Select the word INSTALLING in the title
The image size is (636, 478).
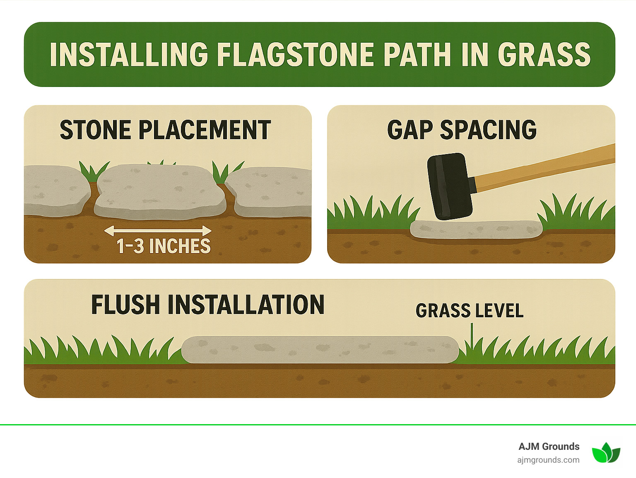pyautogui.click(x=129, y=55)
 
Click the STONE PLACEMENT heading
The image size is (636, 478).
pyautogui.click(x=165, y=130)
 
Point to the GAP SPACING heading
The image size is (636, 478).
pyautogui.click(x=462, y=130)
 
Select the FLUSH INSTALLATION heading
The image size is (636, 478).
pyautogui.click(x=207, y=305)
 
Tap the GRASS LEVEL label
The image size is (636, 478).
pyautogui.click(x=470, y=311)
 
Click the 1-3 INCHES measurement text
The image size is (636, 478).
pyautogui.click(x=164, y=246)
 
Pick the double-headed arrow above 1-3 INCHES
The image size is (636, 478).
pyautogui.click(x=158, y=231)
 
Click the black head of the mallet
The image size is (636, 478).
pyautogui.click(x=449, y=186)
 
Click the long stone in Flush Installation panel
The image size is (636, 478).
pyautogui.click(x=320, y=350)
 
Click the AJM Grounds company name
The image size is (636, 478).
pyautogui.click(x=549, y=447)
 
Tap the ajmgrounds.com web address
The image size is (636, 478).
pyautogui.click(x=548, y=460)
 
